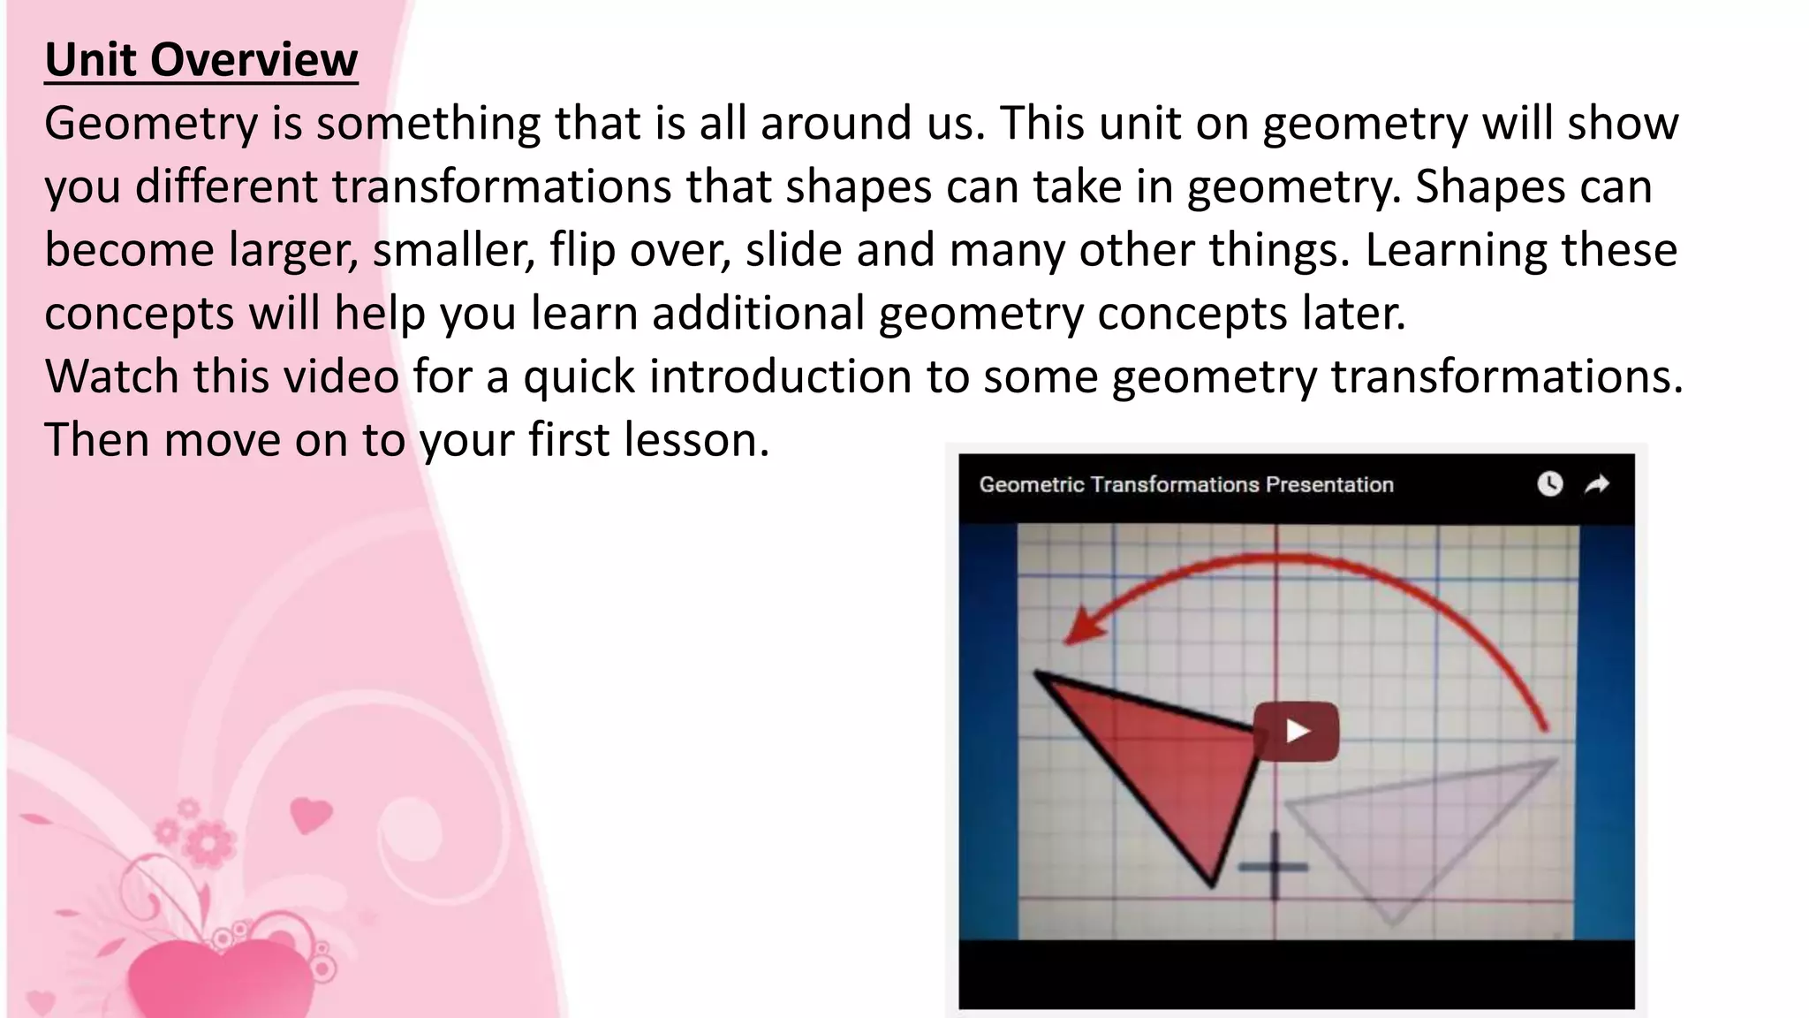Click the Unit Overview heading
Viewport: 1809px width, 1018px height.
click(x=201, y=60)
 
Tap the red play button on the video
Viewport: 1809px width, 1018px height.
click(x=1297, y=731)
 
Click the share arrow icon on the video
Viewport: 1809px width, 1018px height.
click(x=1597, y=484)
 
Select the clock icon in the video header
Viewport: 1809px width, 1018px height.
click(x=1549, y=484)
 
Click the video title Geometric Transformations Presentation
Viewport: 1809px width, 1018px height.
click(x=1185, y=484)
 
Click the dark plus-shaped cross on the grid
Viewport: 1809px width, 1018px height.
click(x=1274, y=866)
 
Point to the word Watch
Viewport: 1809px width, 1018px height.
click(x=112, y=376)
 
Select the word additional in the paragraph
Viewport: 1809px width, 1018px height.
click(x=758, y=314)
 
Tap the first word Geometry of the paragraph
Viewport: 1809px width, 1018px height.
click(x=151, y=124)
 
